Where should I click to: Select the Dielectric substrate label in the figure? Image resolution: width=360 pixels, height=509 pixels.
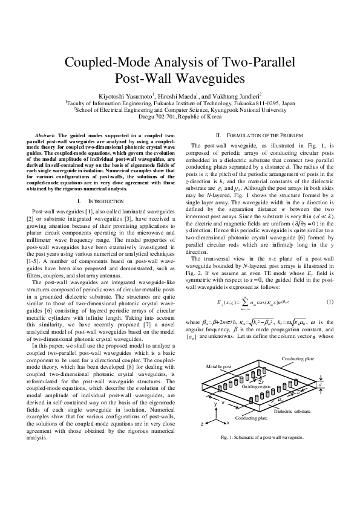[292, 411]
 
